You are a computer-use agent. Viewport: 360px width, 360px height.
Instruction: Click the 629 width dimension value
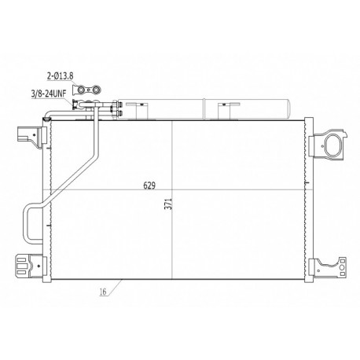(149, 186)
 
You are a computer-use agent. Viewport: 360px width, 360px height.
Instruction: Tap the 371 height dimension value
(169, 204)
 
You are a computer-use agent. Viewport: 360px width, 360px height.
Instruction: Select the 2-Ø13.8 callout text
(60, 76)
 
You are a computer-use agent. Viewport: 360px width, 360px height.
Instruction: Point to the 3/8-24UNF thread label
(49, 94)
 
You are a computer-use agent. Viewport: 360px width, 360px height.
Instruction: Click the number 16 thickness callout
(103, 292)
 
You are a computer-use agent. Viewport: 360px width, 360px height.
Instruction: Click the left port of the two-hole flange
(82, 90)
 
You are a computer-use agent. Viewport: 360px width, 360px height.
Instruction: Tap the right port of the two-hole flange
(97, 90)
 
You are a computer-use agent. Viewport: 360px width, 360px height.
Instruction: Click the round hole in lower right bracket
(342, 268)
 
